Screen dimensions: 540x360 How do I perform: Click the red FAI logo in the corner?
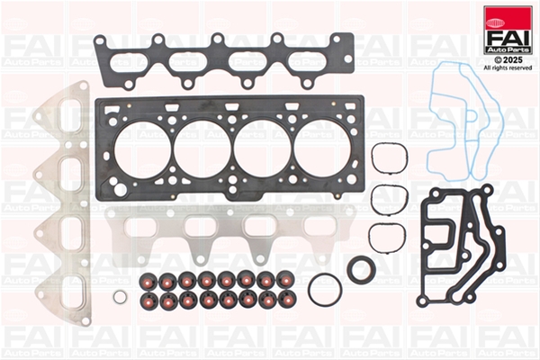coord(508,31)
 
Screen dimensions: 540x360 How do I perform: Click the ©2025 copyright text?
coord(508,60)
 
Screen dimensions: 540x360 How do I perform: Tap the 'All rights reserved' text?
coord(508,67)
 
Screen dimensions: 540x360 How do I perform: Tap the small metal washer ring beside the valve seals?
coord(120,297)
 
